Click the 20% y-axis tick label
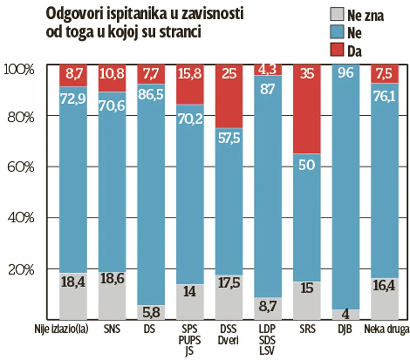[x=20, y=269]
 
